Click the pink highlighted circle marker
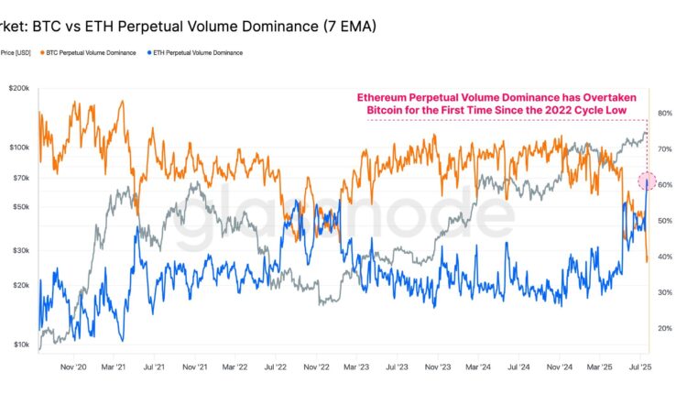point(647,182)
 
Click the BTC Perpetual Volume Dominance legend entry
point(88,53)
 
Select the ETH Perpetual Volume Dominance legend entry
point(198,53)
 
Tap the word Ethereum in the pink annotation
point(384,96)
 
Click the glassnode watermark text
point(343,224)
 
